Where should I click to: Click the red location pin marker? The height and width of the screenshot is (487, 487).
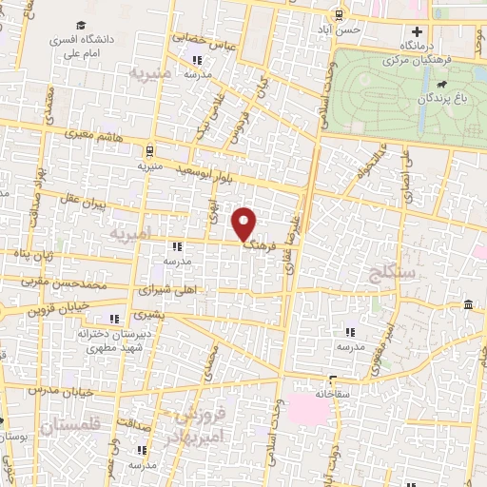tap(245, 224)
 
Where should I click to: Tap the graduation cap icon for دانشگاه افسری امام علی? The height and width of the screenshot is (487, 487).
tap(82, 24)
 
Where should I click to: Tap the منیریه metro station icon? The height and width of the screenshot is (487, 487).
tap(149, 150)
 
